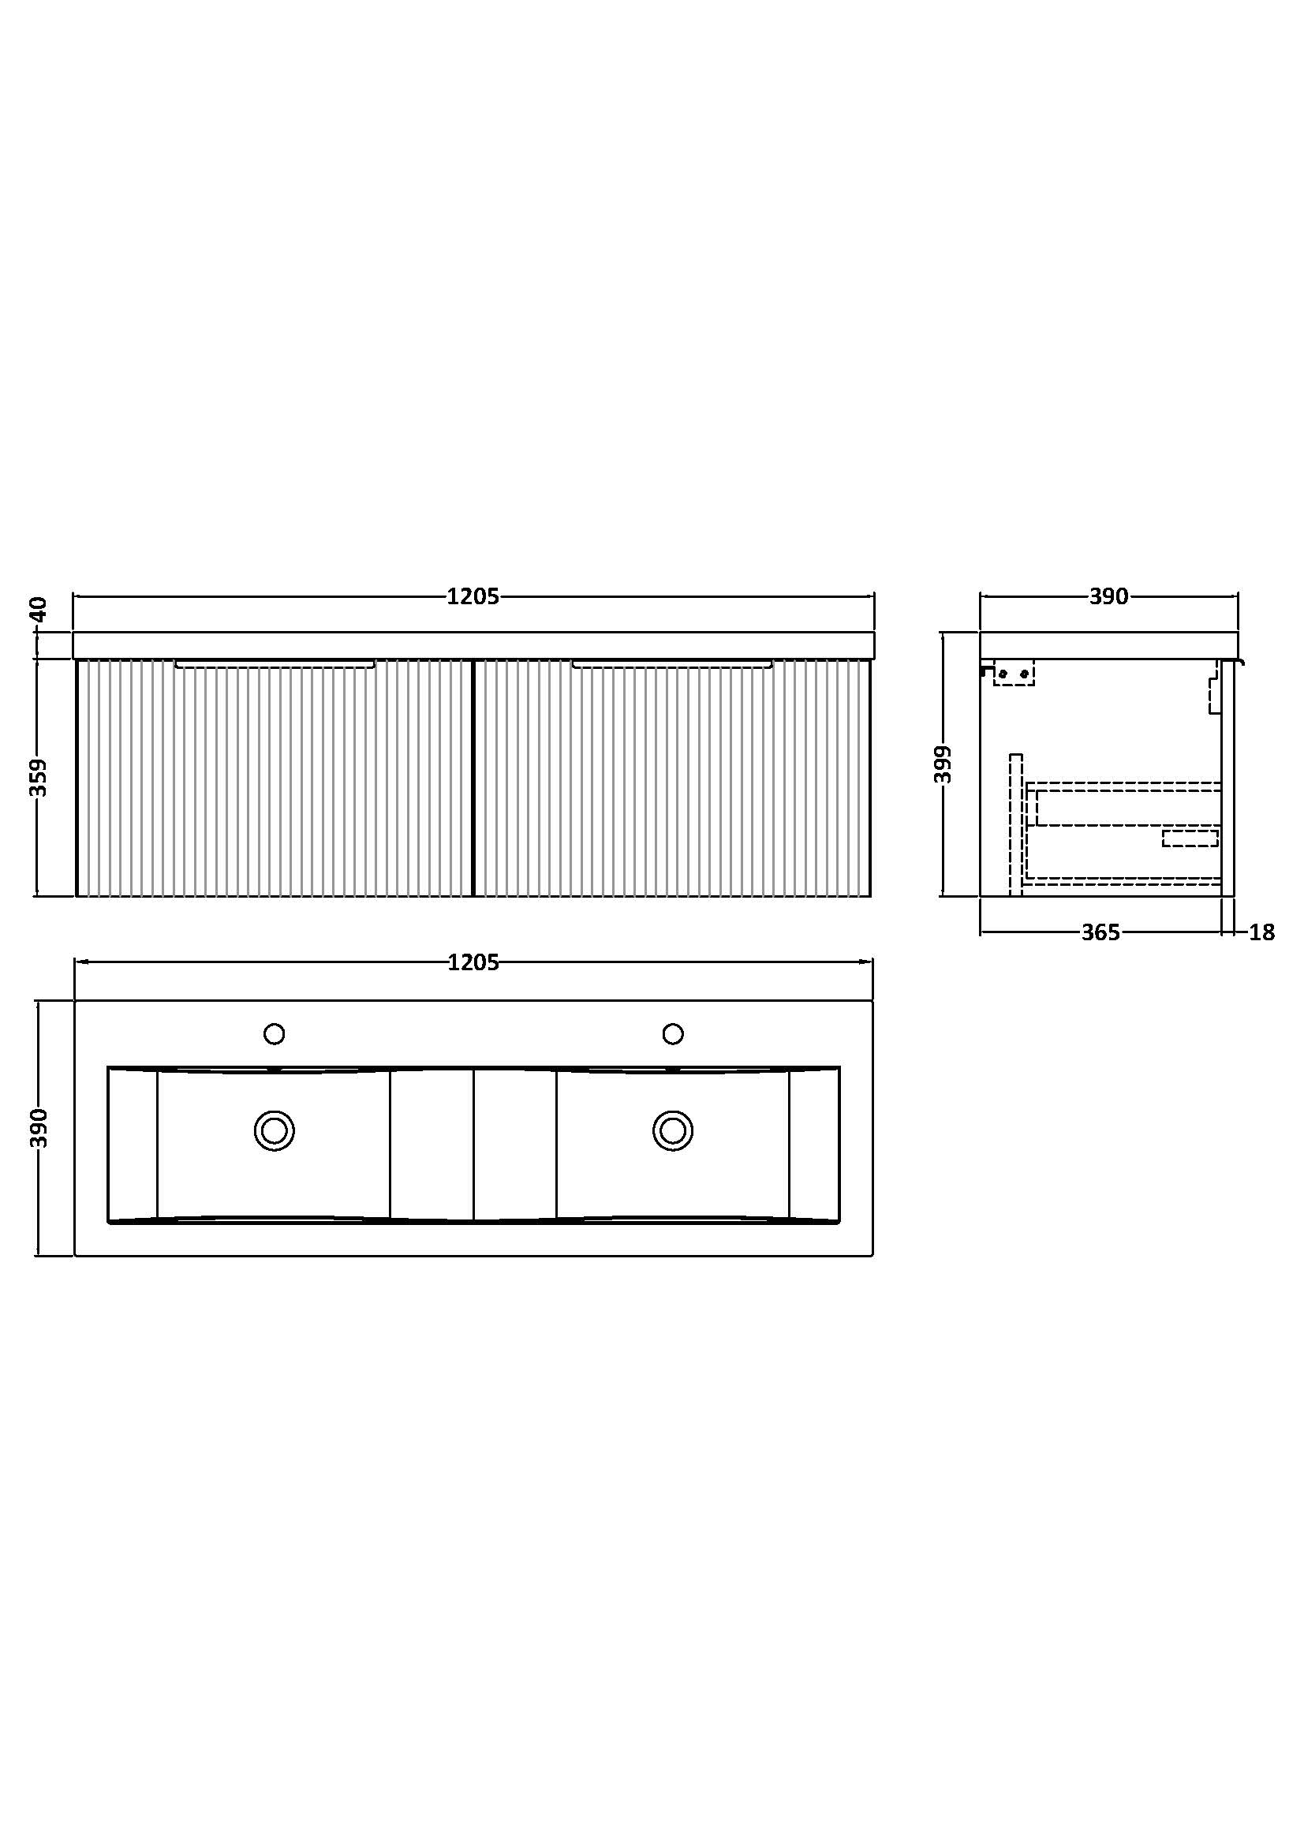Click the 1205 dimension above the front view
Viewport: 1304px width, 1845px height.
pyautogui.click(x=473, y=597)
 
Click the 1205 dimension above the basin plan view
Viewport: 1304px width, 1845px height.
pyautogui.click(x=473, y=962)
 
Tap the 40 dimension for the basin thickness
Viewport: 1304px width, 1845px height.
pyautogui.click(x=39, y=609)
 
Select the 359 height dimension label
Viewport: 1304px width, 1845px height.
pyautogui.click(x=39, y=777)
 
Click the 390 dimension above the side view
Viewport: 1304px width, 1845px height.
pyautogui.click(x=1109, y=597)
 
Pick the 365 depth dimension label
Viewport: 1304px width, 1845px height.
pyautogui.click(x=1100, y=932)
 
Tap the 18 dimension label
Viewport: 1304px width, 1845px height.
pyautogui.click(x=1262, y=932)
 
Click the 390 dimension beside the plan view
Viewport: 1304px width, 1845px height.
pyautogui.click(x=39, y=1128)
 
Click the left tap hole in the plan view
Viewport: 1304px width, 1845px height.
pyautogui.click(x=274, y=1033)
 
